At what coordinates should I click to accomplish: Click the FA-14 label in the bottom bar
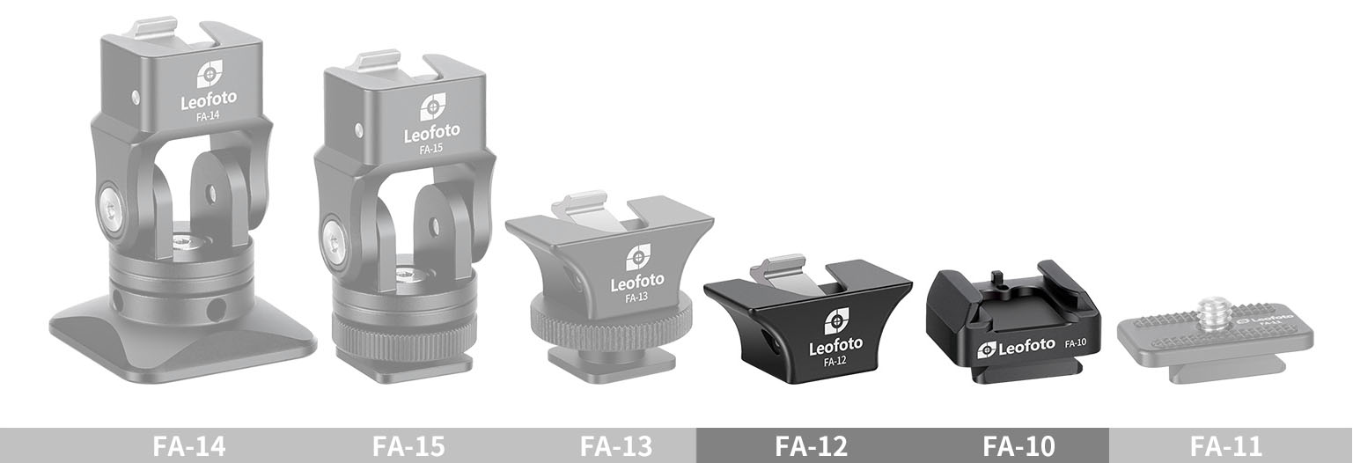(188, 446)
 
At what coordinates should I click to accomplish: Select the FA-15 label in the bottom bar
(408, 446)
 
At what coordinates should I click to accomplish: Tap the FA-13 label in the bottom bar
(615, 446)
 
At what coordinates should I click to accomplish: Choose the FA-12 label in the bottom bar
(811, 446)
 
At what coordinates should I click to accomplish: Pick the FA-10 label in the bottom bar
(1018, 446)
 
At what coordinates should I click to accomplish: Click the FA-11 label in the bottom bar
(1225, 446)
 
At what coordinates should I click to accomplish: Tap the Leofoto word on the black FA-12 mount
(835, 344)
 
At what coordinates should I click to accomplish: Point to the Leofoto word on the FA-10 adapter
(1021, 349)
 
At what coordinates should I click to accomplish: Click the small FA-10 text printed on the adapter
(1076, 342)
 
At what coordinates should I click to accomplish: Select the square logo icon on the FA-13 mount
(638, 257)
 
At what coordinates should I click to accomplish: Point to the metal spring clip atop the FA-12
(783, 272)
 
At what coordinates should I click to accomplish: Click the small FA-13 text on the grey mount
(636, 298)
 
